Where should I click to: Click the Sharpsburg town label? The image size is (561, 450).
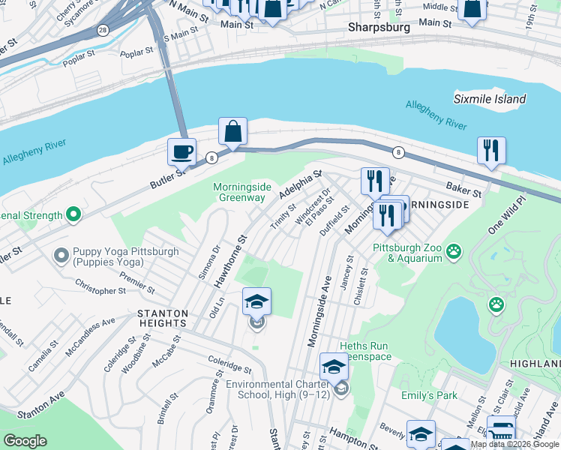pyautogui.click(x=379, y=27)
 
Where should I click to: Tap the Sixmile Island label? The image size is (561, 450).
pyautogui.click(x=490, y=99)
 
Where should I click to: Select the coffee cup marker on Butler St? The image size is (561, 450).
pyautogui.click(x=181, y=152)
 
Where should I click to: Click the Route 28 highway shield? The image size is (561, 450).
pyautogui.click(x=102, y=30)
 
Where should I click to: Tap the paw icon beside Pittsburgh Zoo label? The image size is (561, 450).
pyautogui.click(x=454, y=251)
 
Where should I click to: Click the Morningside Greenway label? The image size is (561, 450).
pyautogui.click(x=239, y=192)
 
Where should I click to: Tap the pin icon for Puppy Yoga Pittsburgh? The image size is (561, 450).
pyautogui.click(x=61, y=256)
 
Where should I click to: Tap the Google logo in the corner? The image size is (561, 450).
pyautogui.click(x=24, y=441)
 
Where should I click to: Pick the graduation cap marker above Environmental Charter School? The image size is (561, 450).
pyautogui.click(x=334, y=367)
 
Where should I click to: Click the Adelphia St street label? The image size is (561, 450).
pyautogui.click(x=300, y=184)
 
